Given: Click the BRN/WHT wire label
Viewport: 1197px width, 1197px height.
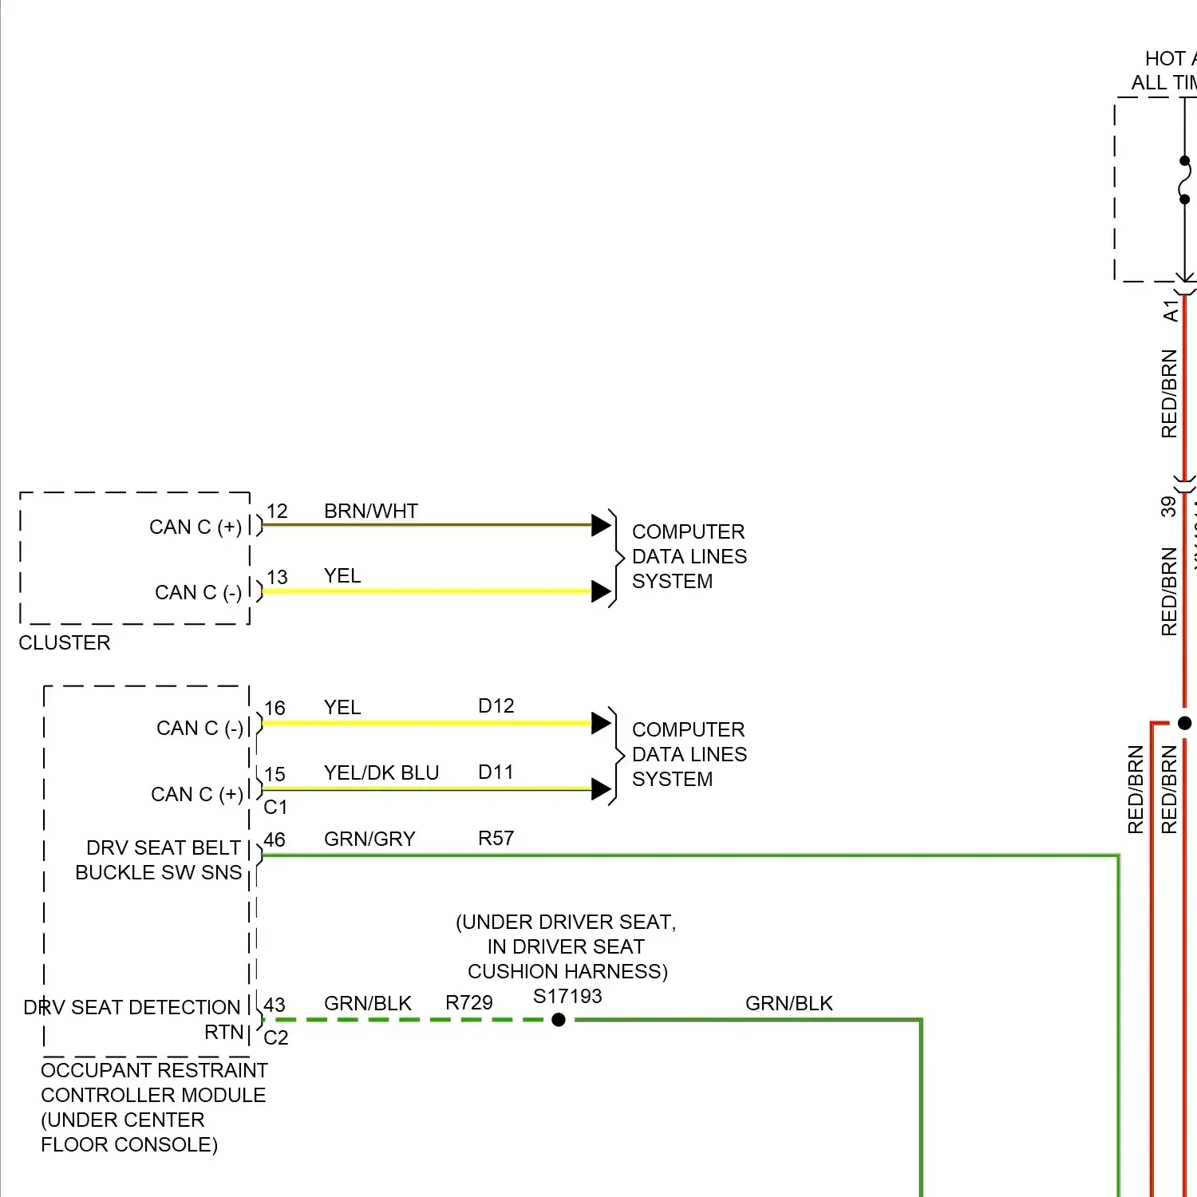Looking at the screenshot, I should (x=371, y=511).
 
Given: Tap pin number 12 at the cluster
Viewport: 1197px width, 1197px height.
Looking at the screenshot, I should (x=277, y=512).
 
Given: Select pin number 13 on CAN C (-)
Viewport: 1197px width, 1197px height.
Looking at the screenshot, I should (x=277, y=577).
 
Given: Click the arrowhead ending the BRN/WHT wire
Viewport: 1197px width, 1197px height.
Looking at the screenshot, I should (x=601, y=525).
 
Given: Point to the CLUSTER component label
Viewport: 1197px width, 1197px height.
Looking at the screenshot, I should (x=65, y=642).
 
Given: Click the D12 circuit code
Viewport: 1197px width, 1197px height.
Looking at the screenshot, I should (x=496, y=706).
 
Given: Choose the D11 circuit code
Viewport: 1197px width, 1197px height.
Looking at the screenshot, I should (x=496, y=772).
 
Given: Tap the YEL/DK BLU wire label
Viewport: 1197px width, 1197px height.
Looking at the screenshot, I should (x=381, y=773).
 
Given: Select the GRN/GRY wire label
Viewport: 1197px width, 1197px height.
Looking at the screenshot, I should (x=369, y=839).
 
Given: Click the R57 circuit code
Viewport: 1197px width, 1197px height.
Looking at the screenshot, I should (x=496, y=839).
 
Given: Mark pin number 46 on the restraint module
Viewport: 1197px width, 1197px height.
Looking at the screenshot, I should (x=275, y=840).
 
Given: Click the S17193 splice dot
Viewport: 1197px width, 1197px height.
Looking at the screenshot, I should (x=559, y=1020).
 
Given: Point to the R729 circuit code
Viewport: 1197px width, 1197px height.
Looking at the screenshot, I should (x=469, y=1003).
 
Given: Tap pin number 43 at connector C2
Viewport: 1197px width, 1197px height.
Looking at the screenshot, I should (x=275, y=1005).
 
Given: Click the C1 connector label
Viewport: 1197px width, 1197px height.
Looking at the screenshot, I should (x=275, y=808).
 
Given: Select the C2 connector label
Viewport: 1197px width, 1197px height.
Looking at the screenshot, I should (x=276, y=1037).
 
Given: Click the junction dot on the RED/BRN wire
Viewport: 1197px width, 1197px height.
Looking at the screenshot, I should (x=1185, y=723).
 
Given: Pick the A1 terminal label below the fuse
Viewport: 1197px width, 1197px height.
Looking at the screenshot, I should (x=1170, y=311).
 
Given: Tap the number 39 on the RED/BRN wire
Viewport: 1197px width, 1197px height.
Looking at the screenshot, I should (x=1169, y=507).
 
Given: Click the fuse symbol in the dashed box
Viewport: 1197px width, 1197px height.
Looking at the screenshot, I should (x=1185, y=180).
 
